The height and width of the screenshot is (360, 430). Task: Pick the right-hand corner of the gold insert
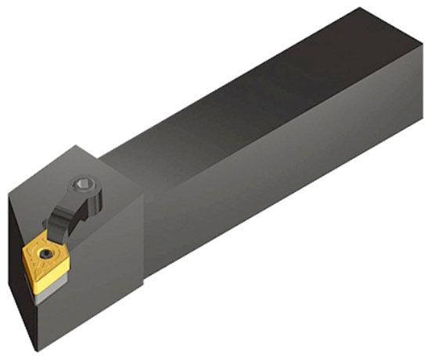[79, 255]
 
